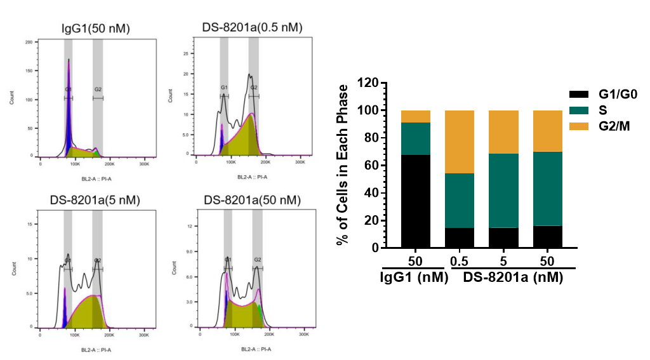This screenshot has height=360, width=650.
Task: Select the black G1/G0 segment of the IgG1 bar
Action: [x=416, y=201]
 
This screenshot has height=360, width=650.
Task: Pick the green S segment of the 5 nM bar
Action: [x=503, y=190]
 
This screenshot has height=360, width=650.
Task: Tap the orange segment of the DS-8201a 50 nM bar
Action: [x=547, y=131]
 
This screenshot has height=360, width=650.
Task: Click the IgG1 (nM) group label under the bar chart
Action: [x=415, y=277]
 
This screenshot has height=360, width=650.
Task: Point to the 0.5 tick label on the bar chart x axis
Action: [x=459, y=262]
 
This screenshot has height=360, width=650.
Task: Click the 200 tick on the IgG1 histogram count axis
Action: [x=29, y=42]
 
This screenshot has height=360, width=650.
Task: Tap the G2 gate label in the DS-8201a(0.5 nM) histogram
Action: [x=253, y=88]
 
